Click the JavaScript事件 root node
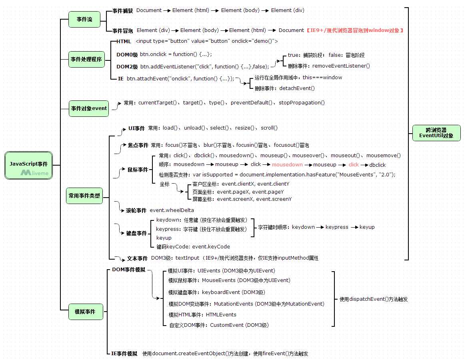[29, 164]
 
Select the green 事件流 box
[84, 19]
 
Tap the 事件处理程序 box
[86, 59]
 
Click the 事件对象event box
[89, 108]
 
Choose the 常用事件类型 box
[84, 196]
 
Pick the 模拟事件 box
[85, 312]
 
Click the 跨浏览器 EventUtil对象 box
[436, 133]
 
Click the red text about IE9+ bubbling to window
[355, 30]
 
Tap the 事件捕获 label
[122, 10]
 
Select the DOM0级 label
[127, 54]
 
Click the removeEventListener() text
[341, 66]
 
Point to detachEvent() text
[297, 88]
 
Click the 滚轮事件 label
[136, 210]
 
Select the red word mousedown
[287, 164]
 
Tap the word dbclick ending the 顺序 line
[377, 165]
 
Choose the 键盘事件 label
[136, 233]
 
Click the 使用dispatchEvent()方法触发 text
[373, 299]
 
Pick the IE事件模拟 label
[124, 354]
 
